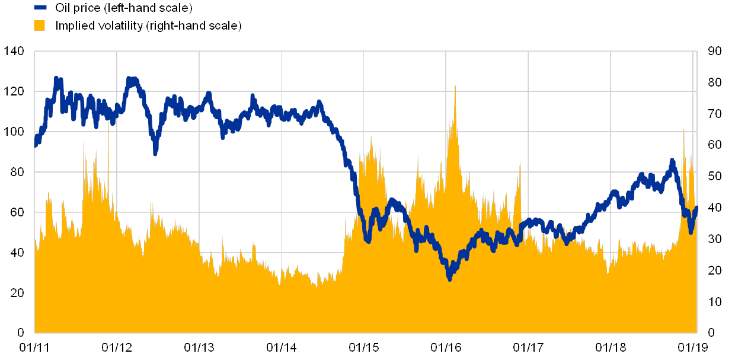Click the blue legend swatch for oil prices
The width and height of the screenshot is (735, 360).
tap(40, 8)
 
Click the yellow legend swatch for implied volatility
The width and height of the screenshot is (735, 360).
tap(40, 26)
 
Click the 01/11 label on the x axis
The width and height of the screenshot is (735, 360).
tap(34, 346)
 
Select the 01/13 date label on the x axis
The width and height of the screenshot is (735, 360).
tap(199, 346)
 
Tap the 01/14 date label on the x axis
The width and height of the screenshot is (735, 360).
tap(281, 346)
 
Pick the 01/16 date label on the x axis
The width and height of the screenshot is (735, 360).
tap(446, 346)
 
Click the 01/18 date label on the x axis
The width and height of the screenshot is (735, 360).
tap(611, 346)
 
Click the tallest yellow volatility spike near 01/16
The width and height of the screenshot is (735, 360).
tap(455, 87)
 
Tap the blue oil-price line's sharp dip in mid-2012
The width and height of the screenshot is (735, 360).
tap(155, 153)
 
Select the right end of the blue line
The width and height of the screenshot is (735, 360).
tap(696, 208)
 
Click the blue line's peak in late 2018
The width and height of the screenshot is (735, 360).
tap(672, 161)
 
